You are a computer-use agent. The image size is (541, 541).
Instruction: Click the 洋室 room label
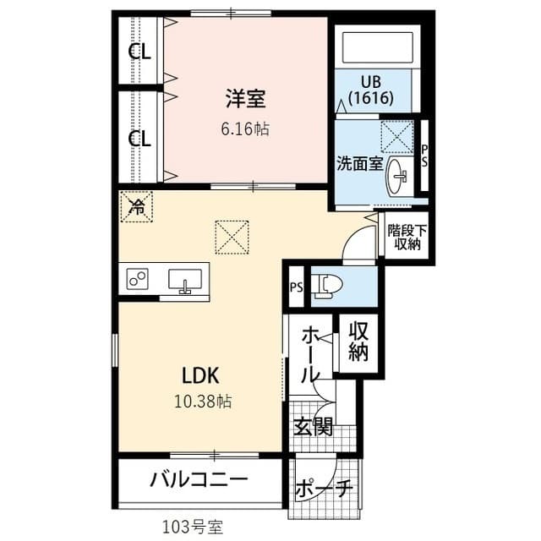click(246, 100)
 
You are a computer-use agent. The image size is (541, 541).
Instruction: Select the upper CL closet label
click(139, 52)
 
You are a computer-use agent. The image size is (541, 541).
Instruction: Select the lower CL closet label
click(139, 138)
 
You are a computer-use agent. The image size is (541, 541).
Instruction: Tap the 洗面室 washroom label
click(360, 161)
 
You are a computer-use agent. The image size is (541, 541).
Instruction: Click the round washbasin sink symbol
click(397, 178)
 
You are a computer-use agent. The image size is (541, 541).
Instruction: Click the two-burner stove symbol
click(138, 278)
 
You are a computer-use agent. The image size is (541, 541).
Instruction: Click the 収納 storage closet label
click(358, 342)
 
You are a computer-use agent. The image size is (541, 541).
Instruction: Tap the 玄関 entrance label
click(312, 428)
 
